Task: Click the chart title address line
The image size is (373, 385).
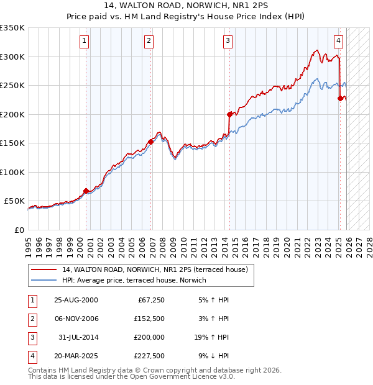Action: click(186, 6)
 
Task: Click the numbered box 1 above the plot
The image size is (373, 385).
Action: click(84, 42)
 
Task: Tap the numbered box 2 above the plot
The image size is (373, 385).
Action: click(149, 42)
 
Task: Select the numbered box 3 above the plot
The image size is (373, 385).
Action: click(228, 42)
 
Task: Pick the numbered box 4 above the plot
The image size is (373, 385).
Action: click(338, 42)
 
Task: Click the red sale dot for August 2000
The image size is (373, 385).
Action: click(86, 191)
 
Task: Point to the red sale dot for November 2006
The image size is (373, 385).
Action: click(151, 142)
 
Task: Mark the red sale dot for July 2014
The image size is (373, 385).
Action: click(229, 114)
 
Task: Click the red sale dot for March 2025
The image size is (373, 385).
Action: click(340, 98)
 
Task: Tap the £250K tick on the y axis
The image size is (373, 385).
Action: click(12, 85)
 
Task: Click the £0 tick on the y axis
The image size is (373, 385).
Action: click(19, 230)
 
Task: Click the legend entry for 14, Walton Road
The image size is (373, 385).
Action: click(155, 269)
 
